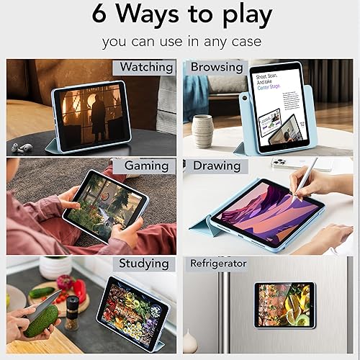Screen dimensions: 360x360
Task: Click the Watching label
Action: click(x=146, y=68)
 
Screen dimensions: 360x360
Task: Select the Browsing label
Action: click(x=216, y=68)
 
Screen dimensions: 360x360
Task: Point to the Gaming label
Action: click(x=146, y=166)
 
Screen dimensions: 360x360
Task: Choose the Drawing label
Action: click(x=216, y=166)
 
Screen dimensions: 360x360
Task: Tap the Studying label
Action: click(x=145, y=264)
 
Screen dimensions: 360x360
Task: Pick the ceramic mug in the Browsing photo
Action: click(x=202, y=130)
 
